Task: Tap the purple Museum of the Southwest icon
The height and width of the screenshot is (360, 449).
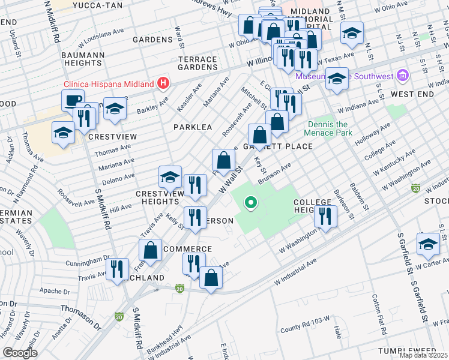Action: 403,76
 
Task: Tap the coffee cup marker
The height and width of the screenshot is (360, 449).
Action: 73,100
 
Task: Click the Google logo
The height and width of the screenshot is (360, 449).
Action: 20,353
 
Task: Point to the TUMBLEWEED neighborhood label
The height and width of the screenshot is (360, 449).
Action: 407,350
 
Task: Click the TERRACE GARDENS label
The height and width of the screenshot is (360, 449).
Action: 197,63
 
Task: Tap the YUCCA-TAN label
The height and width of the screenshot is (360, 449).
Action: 97,5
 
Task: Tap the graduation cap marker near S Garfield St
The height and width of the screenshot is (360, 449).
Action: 428,243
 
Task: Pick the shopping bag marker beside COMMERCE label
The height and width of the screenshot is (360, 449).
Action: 151,250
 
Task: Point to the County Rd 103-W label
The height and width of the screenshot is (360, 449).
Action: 305,328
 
